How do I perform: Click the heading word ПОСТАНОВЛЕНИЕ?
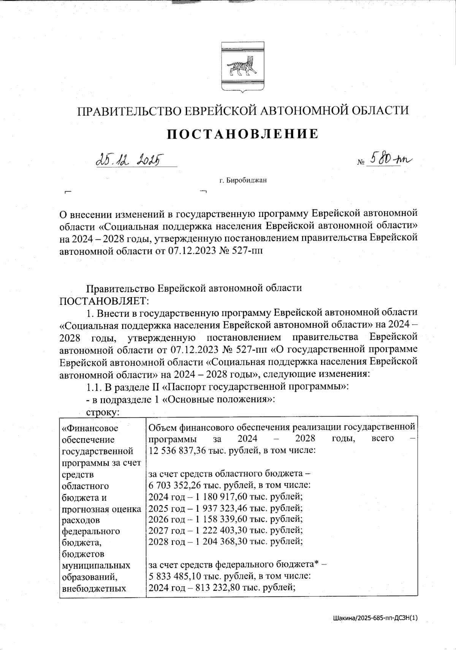[243, 134]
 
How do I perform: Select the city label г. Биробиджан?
[243, 180]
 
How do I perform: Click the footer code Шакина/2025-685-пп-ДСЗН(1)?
[375, 618]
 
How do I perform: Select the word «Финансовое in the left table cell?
[90, 428]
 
